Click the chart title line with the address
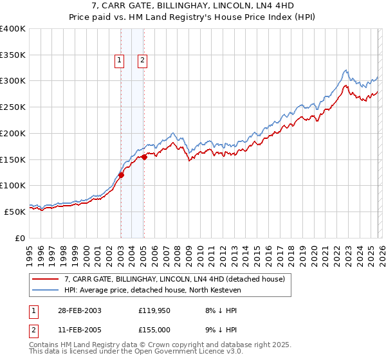pos(193,6)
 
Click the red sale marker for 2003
pos(121,174)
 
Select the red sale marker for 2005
pos(144,156)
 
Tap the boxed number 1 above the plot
pos(120,61)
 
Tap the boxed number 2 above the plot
pos(142,61)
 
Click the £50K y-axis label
pos(15,212)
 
